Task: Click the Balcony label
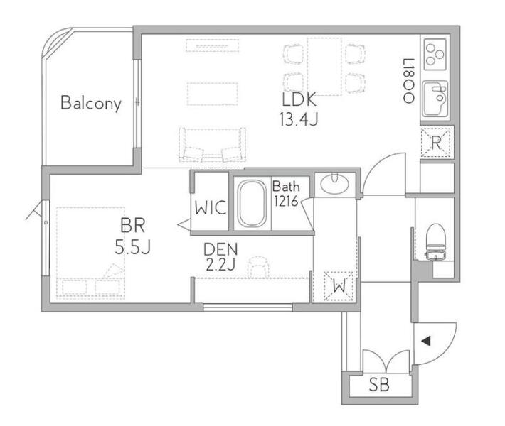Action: [x=91, y=103]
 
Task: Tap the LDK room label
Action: [x=299, y=99]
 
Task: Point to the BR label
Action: [x=133, y=225]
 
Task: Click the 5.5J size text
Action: [x=133, y=247]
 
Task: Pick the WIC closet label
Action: [x=211, y=208]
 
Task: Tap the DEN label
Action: [x=221, y=249]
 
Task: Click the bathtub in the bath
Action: [x=252, y=204]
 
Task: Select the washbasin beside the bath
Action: [x=334, y=184]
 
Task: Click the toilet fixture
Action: [x=436, y=242]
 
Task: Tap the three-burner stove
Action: [x=435, y=55]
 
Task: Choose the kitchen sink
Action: [x=435, y=99]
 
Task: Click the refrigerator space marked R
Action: [x=436, y=143]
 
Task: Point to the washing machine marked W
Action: [x=339, y=286]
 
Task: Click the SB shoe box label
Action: [x=379, y=385]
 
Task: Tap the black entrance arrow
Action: [x=426, y=341]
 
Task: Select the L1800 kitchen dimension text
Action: [x=408, y=81]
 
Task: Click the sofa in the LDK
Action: [x=212, y=145]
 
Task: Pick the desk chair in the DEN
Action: [x=258, y=266]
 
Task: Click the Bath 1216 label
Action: [x=286, y=194]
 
